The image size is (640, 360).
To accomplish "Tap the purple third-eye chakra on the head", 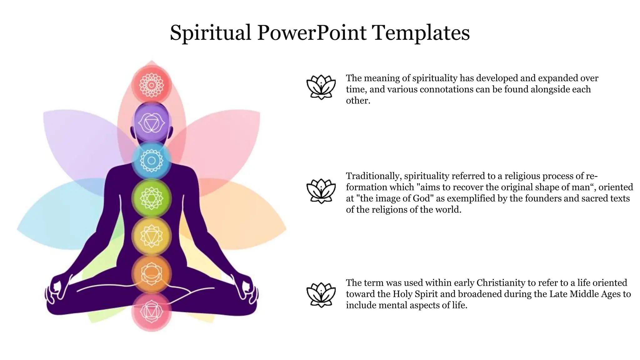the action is click(x=152, y=123).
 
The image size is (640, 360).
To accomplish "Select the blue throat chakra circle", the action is click(x=152, y=161).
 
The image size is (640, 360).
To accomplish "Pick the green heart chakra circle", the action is click(x=152, y=198).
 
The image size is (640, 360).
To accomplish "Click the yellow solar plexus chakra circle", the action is click(x=152, y=236).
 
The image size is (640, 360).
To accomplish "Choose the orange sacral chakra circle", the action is click(x=152, y=274).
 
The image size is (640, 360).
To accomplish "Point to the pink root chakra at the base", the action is click(x=152, y=312).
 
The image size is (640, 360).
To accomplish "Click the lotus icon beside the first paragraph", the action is click(x=321, y=87).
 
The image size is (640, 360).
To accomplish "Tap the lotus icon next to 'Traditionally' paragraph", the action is click(x=321, y=191).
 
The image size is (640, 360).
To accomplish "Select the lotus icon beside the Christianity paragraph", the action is click(x=321, y=295).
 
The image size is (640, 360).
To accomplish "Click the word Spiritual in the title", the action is click(x=210, y=33).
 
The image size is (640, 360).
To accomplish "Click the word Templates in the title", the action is click(x=421, y=33).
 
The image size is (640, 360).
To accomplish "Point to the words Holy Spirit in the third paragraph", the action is click(x=415, y=294).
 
